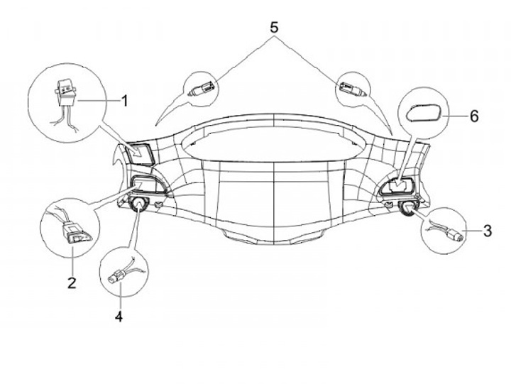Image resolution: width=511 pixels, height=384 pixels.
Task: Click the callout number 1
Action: point(124,101)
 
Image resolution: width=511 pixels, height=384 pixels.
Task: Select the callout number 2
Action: point(71,283)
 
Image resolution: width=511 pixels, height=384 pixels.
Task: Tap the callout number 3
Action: point(487,230)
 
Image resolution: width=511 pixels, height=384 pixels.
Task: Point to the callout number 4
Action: point(119,316)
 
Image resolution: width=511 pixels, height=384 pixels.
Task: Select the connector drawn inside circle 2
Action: point(74,231)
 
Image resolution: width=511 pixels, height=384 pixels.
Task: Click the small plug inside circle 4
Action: point(114,278)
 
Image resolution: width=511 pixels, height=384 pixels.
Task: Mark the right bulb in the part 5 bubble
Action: point(352,88)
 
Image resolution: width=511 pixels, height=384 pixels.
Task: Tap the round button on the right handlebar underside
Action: point(407,207)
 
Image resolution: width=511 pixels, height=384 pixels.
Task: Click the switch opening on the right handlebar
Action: point(397,186)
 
